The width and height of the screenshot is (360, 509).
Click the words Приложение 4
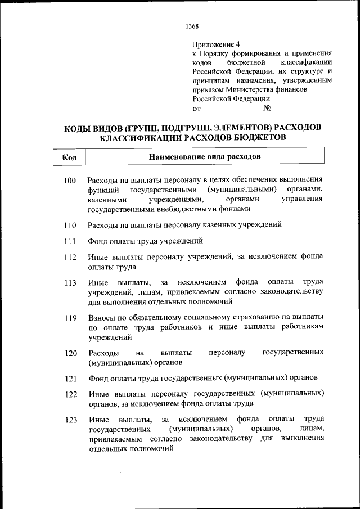[216, 44]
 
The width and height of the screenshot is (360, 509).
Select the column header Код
[69, 157]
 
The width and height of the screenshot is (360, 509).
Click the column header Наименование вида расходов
[204, 156]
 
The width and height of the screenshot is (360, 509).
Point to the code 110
[70, 226]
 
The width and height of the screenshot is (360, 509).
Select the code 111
[70, 242]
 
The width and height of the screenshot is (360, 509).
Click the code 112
[70, 258]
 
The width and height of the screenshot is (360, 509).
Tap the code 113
[70, 283]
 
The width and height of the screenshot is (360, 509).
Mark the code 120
[70, 354]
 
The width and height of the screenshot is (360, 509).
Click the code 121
[70, 378]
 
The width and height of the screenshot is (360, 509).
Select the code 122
[70, 394]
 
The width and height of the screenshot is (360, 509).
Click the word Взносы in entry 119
[101, 318]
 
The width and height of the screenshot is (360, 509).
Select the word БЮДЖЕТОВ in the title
[258, 137]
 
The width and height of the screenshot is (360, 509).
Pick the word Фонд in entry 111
[97, 242]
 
